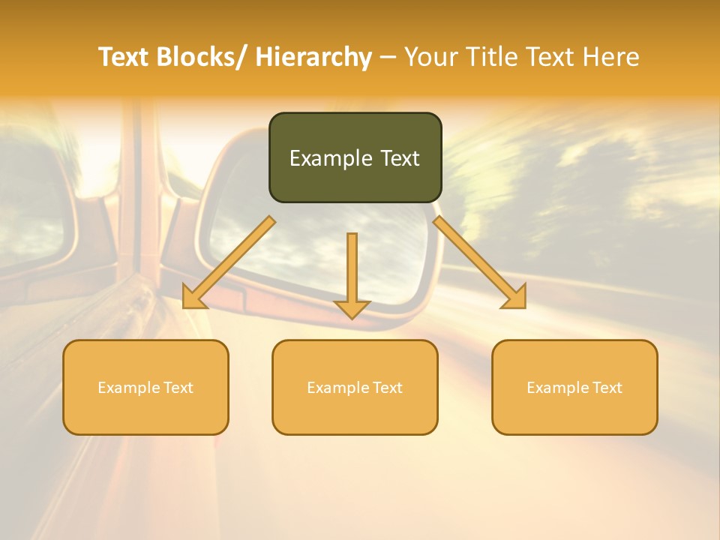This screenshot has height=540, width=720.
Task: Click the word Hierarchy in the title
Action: click(313, 58)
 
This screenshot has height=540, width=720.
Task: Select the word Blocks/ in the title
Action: click(206, 58)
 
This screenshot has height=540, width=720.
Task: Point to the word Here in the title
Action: click(612, 58)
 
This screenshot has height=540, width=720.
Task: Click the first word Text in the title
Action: click(124, 58)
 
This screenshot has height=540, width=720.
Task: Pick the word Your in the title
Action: click(432, 58)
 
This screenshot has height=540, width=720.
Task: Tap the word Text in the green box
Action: click(398, 158)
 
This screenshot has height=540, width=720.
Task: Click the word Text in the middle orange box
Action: click(387, 388)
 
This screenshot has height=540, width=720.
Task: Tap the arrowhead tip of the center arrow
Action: click(352, 318)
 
